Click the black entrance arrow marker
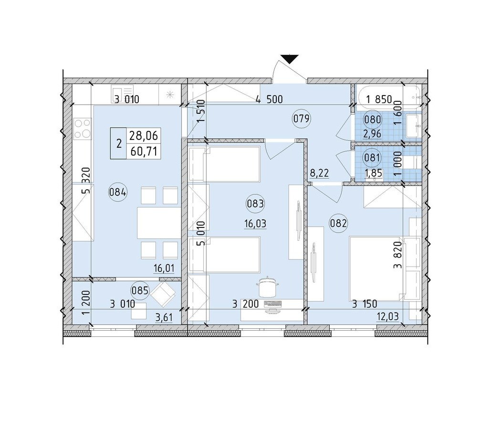[290, 59]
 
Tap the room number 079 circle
[301, 119]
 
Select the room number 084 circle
[118, 193]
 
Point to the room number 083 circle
[255, 204]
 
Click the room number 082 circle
[338, 223]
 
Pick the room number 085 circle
[140, 290]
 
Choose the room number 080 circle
[373, 119]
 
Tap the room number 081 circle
[372, 157]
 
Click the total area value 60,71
[144, 151]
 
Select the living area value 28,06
[144, 135]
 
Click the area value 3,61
[165, 317]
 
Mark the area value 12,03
[388, 316]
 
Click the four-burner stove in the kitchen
[83, 129]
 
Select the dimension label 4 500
[269, 99]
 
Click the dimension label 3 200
[246, 304]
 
